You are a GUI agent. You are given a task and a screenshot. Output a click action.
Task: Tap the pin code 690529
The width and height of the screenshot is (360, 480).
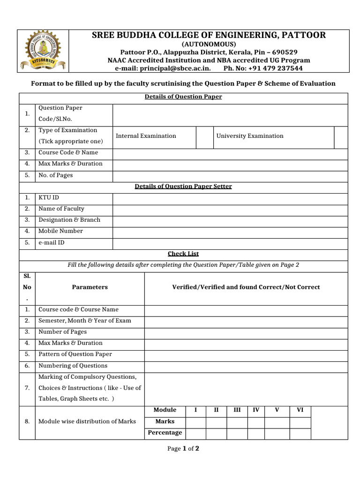[282, 52]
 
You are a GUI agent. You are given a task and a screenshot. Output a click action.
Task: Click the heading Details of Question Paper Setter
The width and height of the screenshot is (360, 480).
[183, 186]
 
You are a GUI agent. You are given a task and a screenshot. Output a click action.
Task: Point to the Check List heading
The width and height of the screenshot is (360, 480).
[183, 254]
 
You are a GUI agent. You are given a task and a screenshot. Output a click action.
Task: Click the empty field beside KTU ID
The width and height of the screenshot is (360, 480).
[230, 198]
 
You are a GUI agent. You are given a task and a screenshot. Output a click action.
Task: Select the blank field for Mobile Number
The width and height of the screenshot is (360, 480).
[230, 231]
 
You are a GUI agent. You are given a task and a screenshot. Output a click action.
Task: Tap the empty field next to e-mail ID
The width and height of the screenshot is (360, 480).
[230, 243]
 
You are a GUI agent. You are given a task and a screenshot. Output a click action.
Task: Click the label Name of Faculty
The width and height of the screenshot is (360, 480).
[61, 209]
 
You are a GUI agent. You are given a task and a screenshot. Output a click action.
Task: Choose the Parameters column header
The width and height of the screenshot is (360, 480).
[90, 287]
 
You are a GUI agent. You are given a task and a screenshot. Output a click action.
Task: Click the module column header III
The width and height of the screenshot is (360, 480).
[237, 410]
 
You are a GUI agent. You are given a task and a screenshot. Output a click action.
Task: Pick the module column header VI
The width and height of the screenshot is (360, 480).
[300, 410]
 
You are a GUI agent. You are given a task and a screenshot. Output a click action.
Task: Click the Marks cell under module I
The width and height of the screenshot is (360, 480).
[195, 421]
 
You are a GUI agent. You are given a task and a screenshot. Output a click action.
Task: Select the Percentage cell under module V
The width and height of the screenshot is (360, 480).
[277, 433]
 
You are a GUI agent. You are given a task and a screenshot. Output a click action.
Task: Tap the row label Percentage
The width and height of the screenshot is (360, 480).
[165, 433]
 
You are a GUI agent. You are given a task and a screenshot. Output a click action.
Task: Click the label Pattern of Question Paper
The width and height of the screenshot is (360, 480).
[75, 354]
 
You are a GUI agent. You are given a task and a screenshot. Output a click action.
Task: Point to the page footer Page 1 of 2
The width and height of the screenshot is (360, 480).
[183, 449]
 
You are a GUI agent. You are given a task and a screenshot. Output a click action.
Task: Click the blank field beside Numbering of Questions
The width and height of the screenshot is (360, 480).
[246, 366]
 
